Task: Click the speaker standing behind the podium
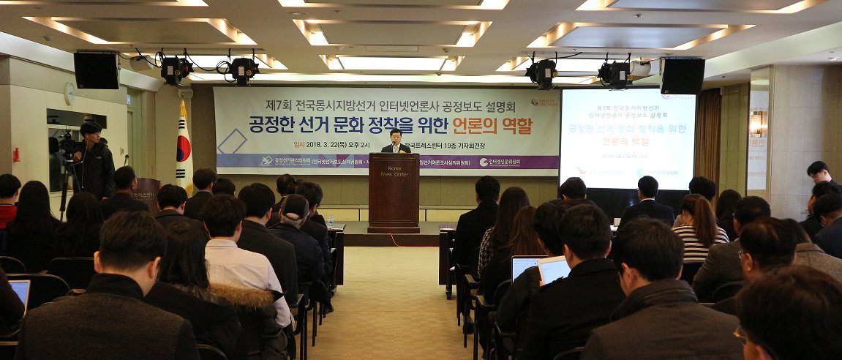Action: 396,142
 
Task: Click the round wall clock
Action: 69,93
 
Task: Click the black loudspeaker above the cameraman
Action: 96,70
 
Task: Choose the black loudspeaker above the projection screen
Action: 682,76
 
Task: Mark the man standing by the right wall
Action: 819,179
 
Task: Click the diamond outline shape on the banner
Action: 233,141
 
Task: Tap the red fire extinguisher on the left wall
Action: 16,155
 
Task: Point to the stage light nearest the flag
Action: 176,70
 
